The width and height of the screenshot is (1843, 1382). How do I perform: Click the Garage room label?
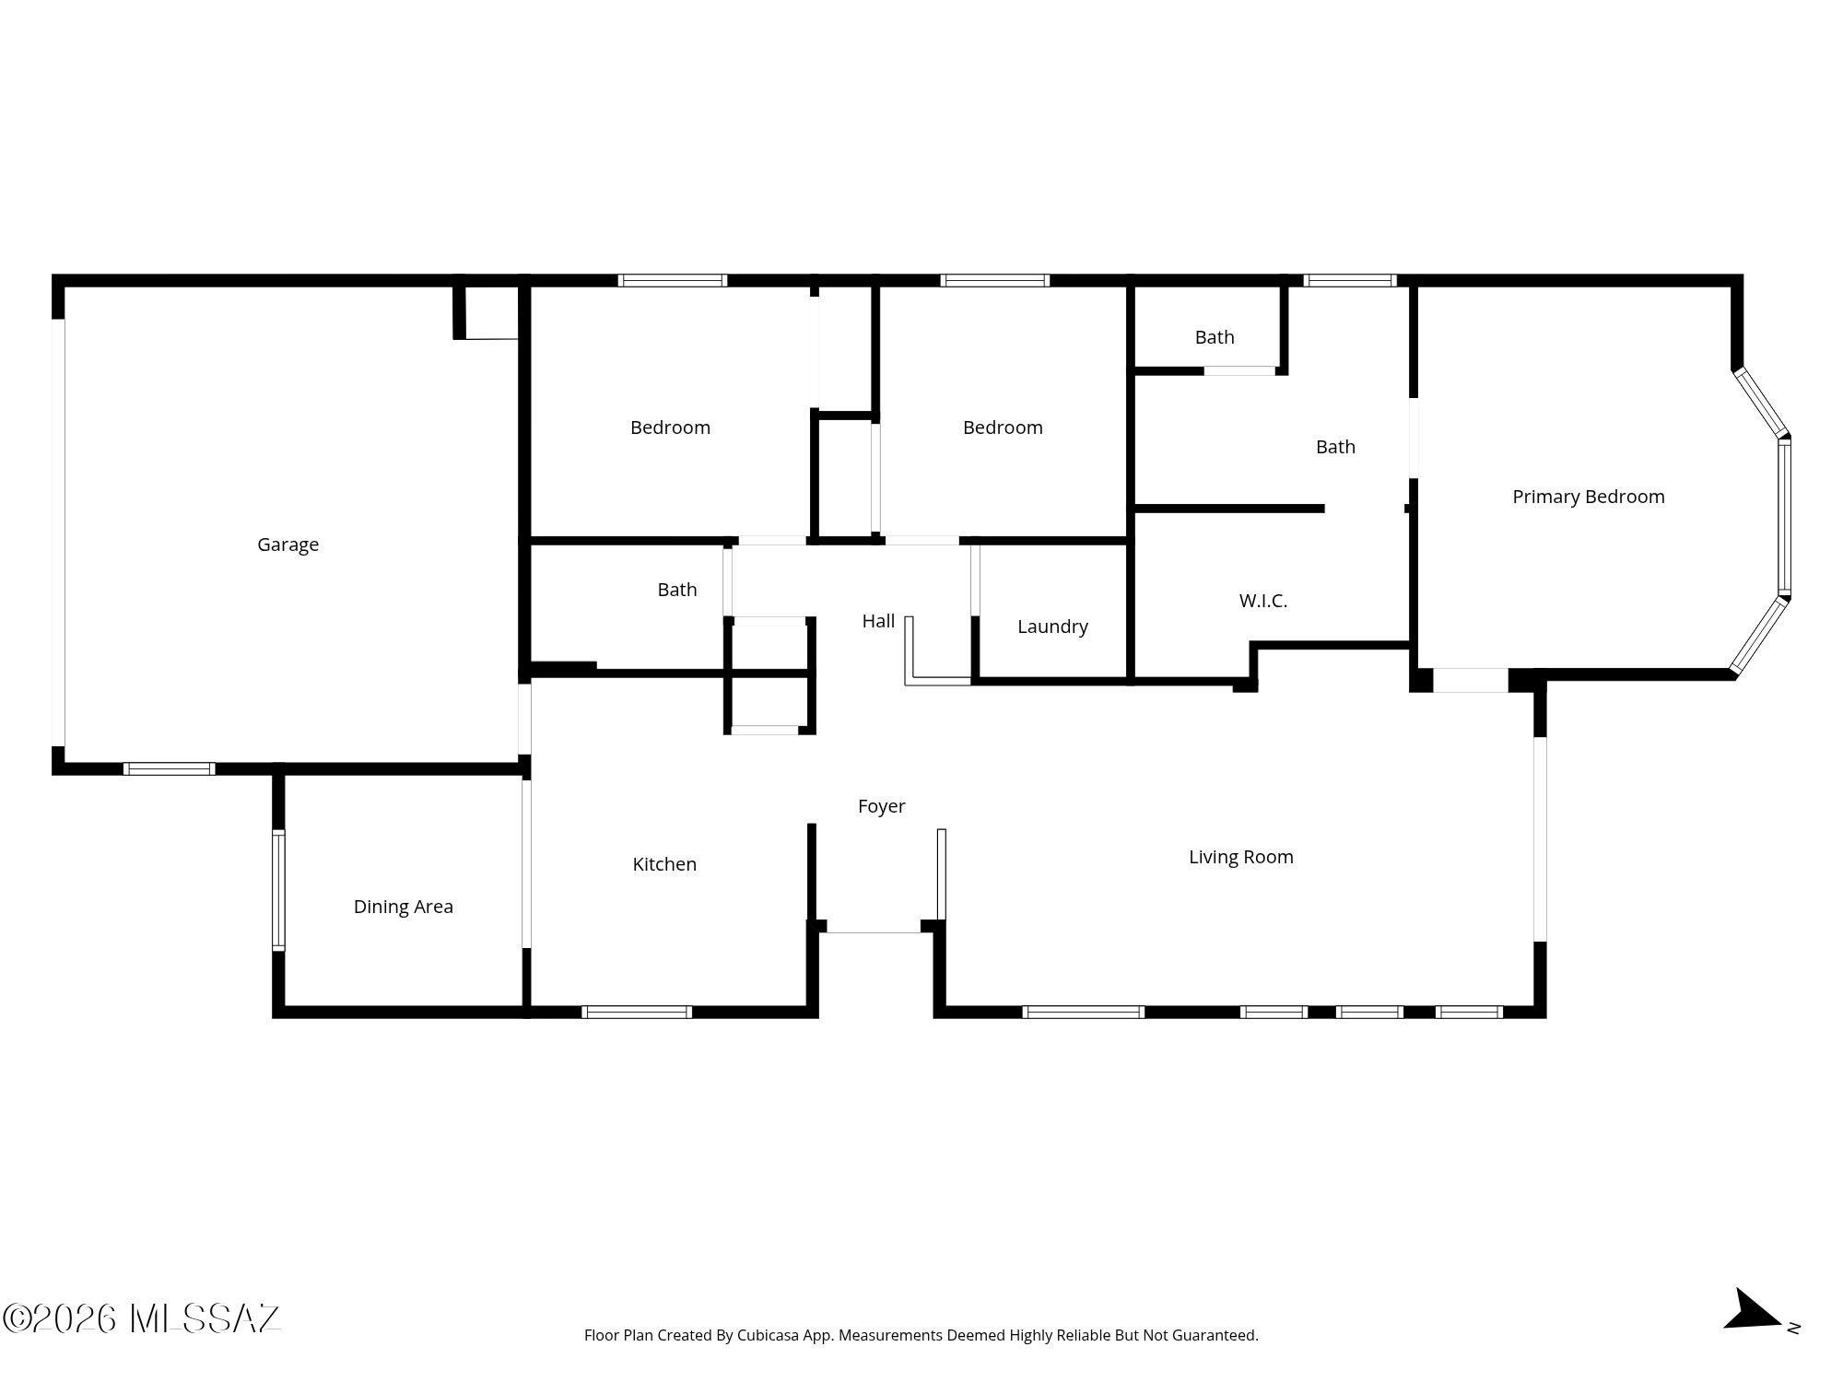click(x=288, y=545)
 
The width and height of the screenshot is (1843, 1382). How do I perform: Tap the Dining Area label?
click(x=404, y=907)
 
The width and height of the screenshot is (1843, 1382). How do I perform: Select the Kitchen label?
click(x=664, y=864)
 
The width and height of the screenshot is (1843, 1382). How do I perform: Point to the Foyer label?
click(x=882, y=807)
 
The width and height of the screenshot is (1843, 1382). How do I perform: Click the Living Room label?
click(x=1241, y=858)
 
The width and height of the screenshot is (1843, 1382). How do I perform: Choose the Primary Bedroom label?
click(x=1589, y=498)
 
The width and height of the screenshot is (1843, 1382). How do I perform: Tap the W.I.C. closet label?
click(x=1263, y=601)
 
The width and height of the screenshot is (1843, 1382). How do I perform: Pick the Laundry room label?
click(x=1052, y=627)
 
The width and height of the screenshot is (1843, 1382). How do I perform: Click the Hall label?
click(x=878, y=622)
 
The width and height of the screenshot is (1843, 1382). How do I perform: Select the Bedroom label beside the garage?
click(x=670, y=427)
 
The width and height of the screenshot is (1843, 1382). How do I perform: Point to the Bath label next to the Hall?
click(x=677, y=590)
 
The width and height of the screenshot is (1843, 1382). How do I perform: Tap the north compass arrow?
click(x=1752, y=1310)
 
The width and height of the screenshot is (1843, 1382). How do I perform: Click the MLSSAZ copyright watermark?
click(x=142, y=1318)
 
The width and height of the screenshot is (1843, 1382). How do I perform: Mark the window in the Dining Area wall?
click(x=278, y=890)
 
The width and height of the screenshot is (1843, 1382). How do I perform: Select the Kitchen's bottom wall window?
click(x=637, y=1012)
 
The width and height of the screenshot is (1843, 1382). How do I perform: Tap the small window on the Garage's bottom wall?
click(x=170, y=768)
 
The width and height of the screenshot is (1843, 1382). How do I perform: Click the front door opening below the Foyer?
click(x=874, y=926)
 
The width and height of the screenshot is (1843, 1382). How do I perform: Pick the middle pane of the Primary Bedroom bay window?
click(x=1784, y=517)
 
